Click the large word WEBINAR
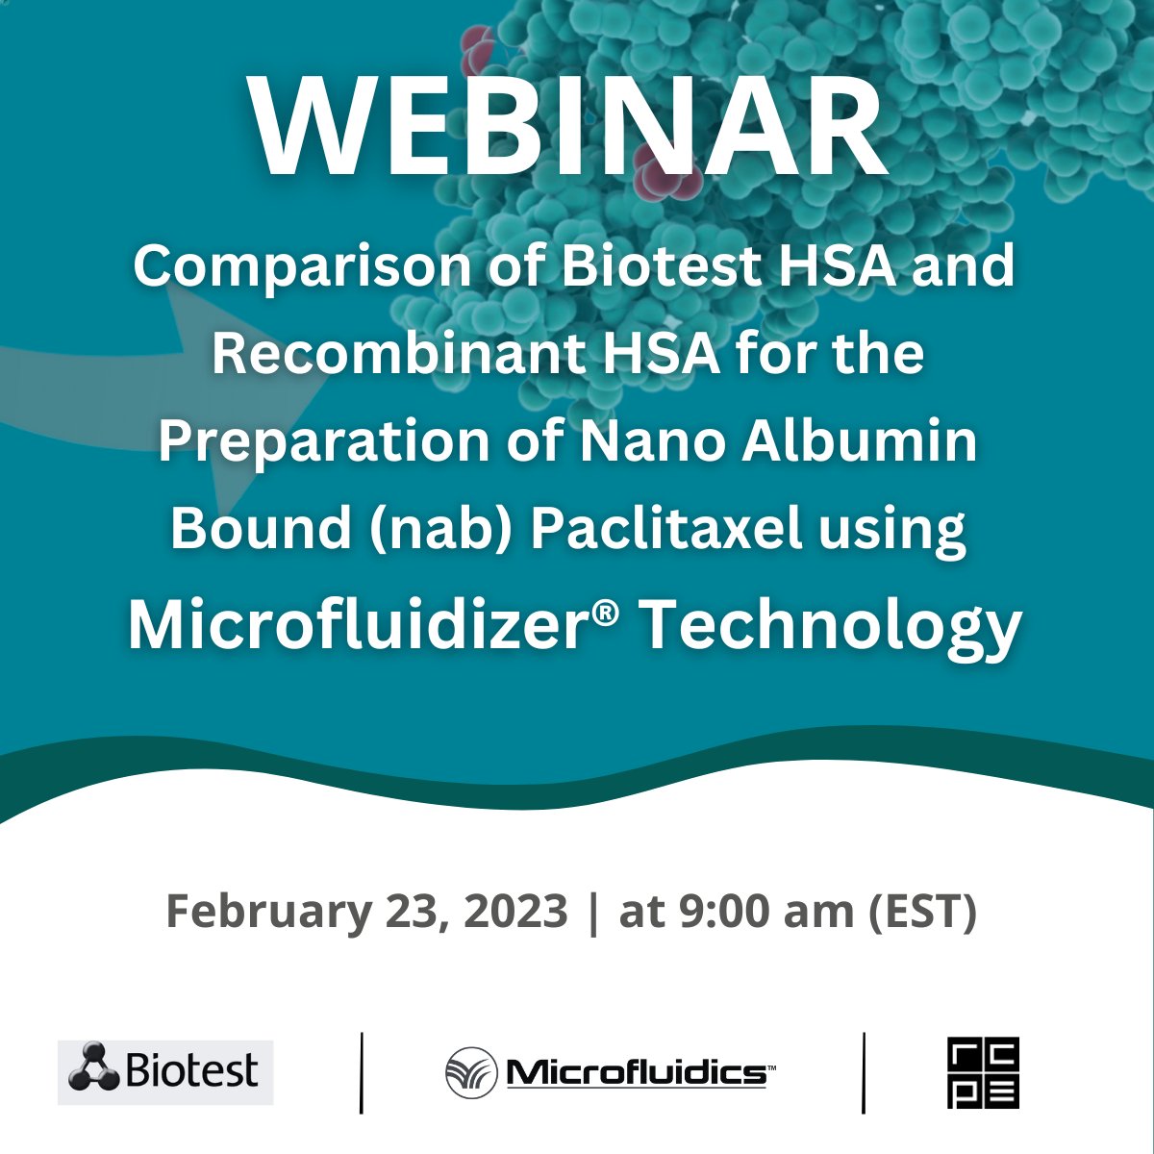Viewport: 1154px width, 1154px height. point(567,130)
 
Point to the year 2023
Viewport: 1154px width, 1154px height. point(515,910)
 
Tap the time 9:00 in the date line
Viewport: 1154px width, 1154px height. point(714,910)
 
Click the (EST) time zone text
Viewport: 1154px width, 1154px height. point(922,910)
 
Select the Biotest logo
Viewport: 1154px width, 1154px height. point(165,1071)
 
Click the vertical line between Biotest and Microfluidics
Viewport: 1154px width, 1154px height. point(362,1072)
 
